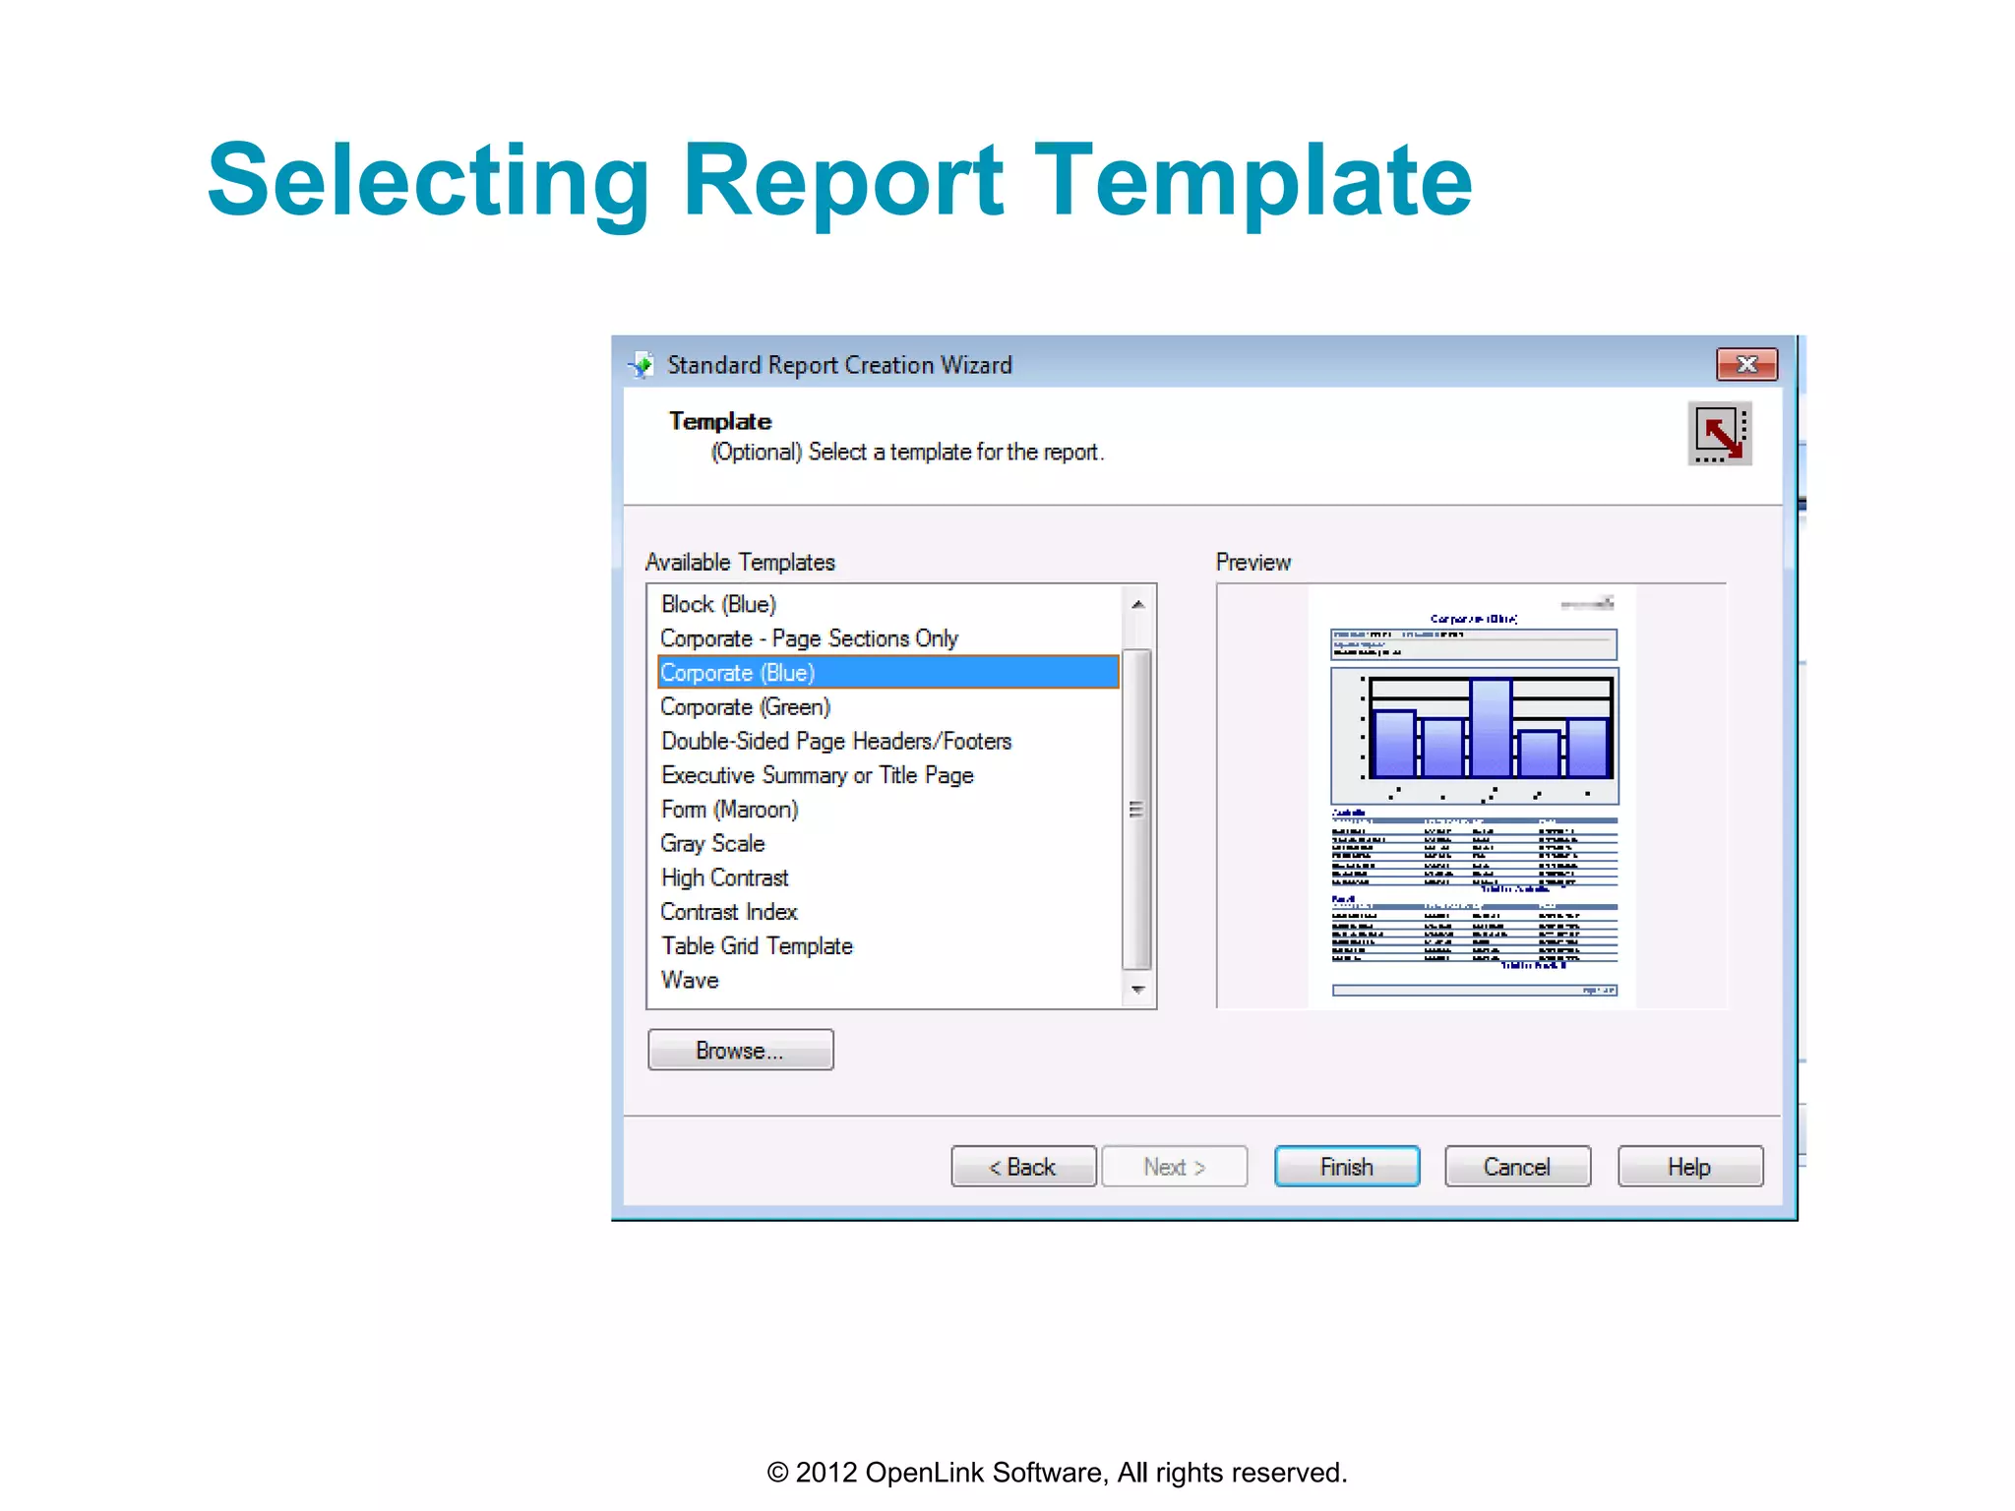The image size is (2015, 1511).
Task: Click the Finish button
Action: point(1346,1167)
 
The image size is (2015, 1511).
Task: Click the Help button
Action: point(1689,1167)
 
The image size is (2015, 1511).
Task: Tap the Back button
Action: point(1023,1167)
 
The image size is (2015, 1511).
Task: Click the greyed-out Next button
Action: point(1174,1167)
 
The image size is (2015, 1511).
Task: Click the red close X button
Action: point(1746,365)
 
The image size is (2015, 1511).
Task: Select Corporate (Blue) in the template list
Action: point(738,673)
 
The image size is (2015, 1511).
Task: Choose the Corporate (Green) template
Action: point(746,707)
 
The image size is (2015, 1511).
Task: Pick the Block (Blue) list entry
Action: point(719,604)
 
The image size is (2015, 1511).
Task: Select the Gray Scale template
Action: point(713,844)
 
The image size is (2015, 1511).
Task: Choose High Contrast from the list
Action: point(725,877)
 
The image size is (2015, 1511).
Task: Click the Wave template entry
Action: point(691,981)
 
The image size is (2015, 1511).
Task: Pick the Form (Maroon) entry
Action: point(730,810)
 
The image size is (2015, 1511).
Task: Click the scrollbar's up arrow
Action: point(1137,604)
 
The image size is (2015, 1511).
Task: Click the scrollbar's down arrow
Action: point(1137,990)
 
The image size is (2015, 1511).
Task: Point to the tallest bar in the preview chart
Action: point(1491,728)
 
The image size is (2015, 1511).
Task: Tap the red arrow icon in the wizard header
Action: point(1720,434)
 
